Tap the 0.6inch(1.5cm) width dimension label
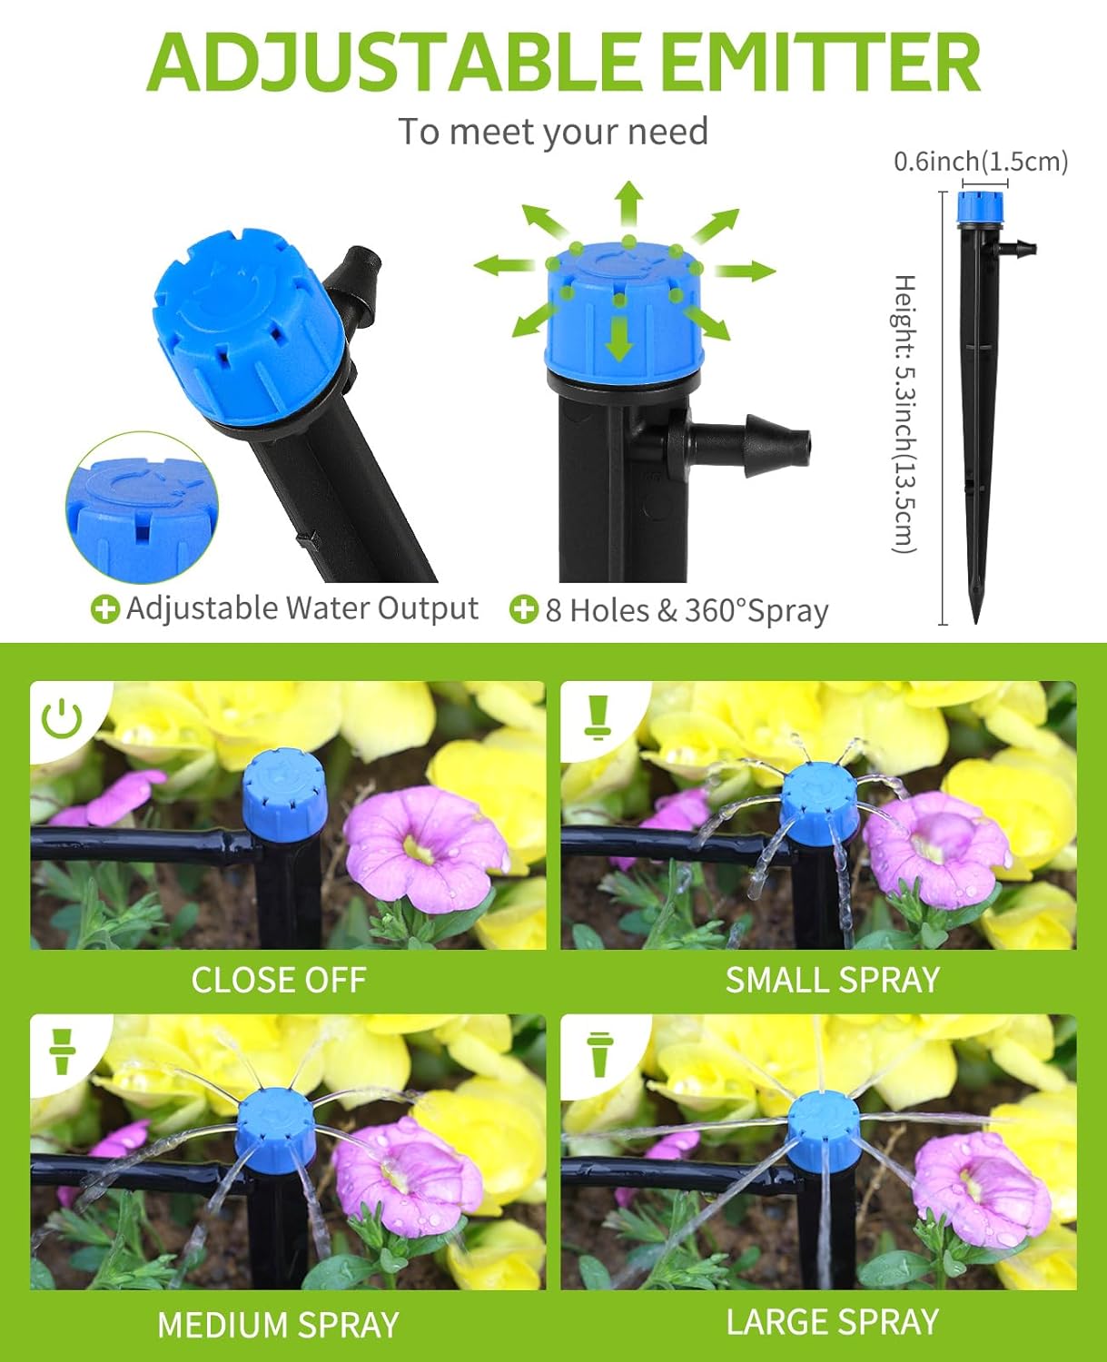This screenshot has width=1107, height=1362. point(981,162)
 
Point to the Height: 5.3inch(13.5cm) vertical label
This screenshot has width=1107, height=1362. point(904,413)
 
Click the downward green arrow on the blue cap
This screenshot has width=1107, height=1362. point(619,337)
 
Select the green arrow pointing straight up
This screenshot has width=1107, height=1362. point(628,203)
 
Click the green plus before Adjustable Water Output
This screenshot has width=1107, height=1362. point(105,609)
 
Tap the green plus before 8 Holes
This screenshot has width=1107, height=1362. point(524,609)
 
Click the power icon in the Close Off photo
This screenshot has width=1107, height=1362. point(62,717)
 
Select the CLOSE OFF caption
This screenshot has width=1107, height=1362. point(279,980)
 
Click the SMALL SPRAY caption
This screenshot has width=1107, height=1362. point(832,980)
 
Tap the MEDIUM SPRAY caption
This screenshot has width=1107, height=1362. point(278,1325)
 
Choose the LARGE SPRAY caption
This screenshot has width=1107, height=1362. point(832,1322)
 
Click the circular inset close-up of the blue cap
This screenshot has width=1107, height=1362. point(143,508)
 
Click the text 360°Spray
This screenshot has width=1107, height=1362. point(756,611)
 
